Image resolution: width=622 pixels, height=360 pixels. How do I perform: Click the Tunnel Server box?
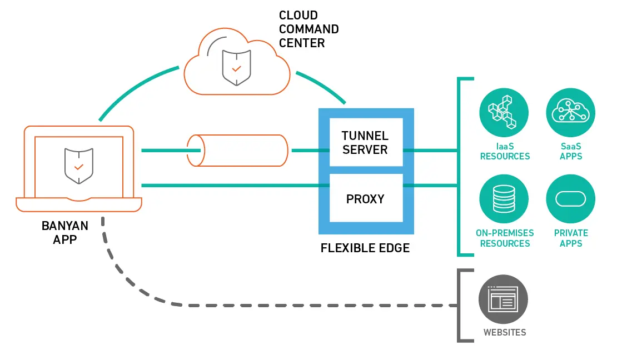click(366, 142)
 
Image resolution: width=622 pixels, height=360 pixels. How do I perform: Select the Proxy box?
click(366, 198)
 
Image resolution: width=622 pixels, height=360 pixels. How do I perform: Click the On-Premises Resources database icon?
click(504, 199)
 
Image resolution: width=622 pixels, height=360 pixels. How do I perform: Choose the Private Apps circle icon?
click(570, 199)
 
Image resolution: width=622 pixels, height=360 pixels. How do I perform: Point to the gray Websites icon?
click(504, 299)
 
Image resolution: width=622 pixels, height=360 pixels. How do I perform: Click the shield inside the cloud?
click(237, 67)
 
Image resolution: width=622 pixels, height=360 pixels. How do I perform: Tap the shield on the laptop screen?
click(78, 166)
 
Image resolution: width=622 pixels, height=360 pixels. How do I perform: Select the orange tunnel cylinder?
click(238, 150)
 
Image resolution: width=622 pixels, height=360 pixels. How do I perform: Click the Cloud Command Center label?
click(308, 29)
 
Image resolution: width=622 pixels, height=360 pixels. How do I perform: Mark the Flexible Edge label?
click(365, 248)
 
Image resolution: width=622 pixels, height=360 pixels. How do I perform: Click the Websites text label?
click(504, 333)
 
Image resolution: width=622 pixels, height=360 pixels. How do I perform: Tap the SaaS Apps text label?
click(571, 152)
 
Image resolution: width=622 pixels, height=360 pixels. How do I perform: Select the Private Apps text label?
click(571, 238)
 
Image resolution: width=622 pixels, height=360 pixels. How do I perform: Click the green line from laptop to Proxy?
click(228, 185)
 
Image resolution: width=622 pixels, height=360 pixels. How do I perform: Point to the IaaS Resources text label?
click(505, 152)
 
